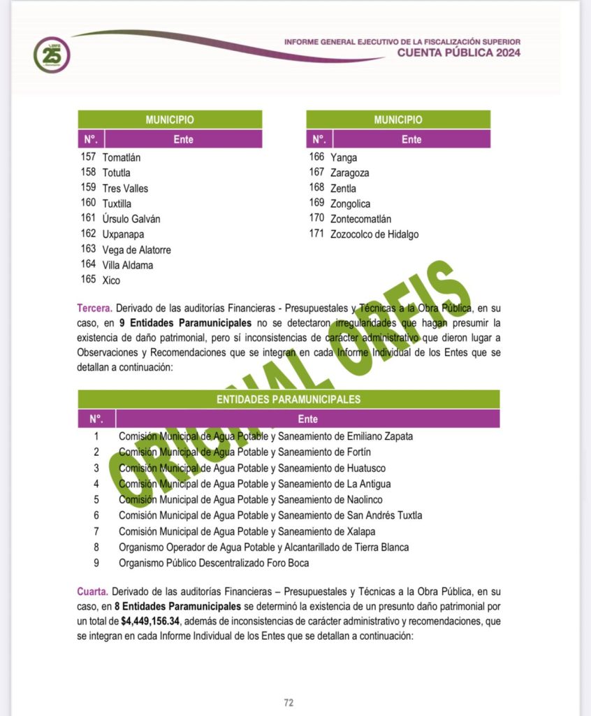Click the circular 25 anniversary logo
[x=52, y=55]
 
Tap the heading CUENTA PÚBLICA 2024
[x=459, y=53]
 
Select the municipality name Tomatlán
[x=122, y=157]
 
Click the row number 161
[x=88, y=218]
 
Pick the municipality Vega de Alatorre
[x=136, y=250]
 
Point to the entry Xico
[x=111, y=280]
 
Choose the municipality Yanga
[x=343, y=157]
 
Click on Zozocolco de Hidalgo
[x=374, y=234]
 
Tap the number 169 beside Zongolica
[x=317, y=203]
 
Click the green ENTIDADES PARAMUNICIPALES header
[x=289, y=399]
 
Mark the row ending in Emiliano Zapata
[x=265, y=436]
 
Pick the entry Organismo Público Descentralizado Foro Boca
[x=214, y=563]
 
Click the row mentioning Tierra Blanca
[x=263, y=547]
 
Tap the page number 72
[x=289, y=703]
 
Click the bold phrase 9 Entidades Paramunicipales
[x=185, y=323]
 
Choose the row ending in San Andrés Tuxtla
[x=270, y=515]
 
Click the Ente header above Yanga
[x=411, y=139]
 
